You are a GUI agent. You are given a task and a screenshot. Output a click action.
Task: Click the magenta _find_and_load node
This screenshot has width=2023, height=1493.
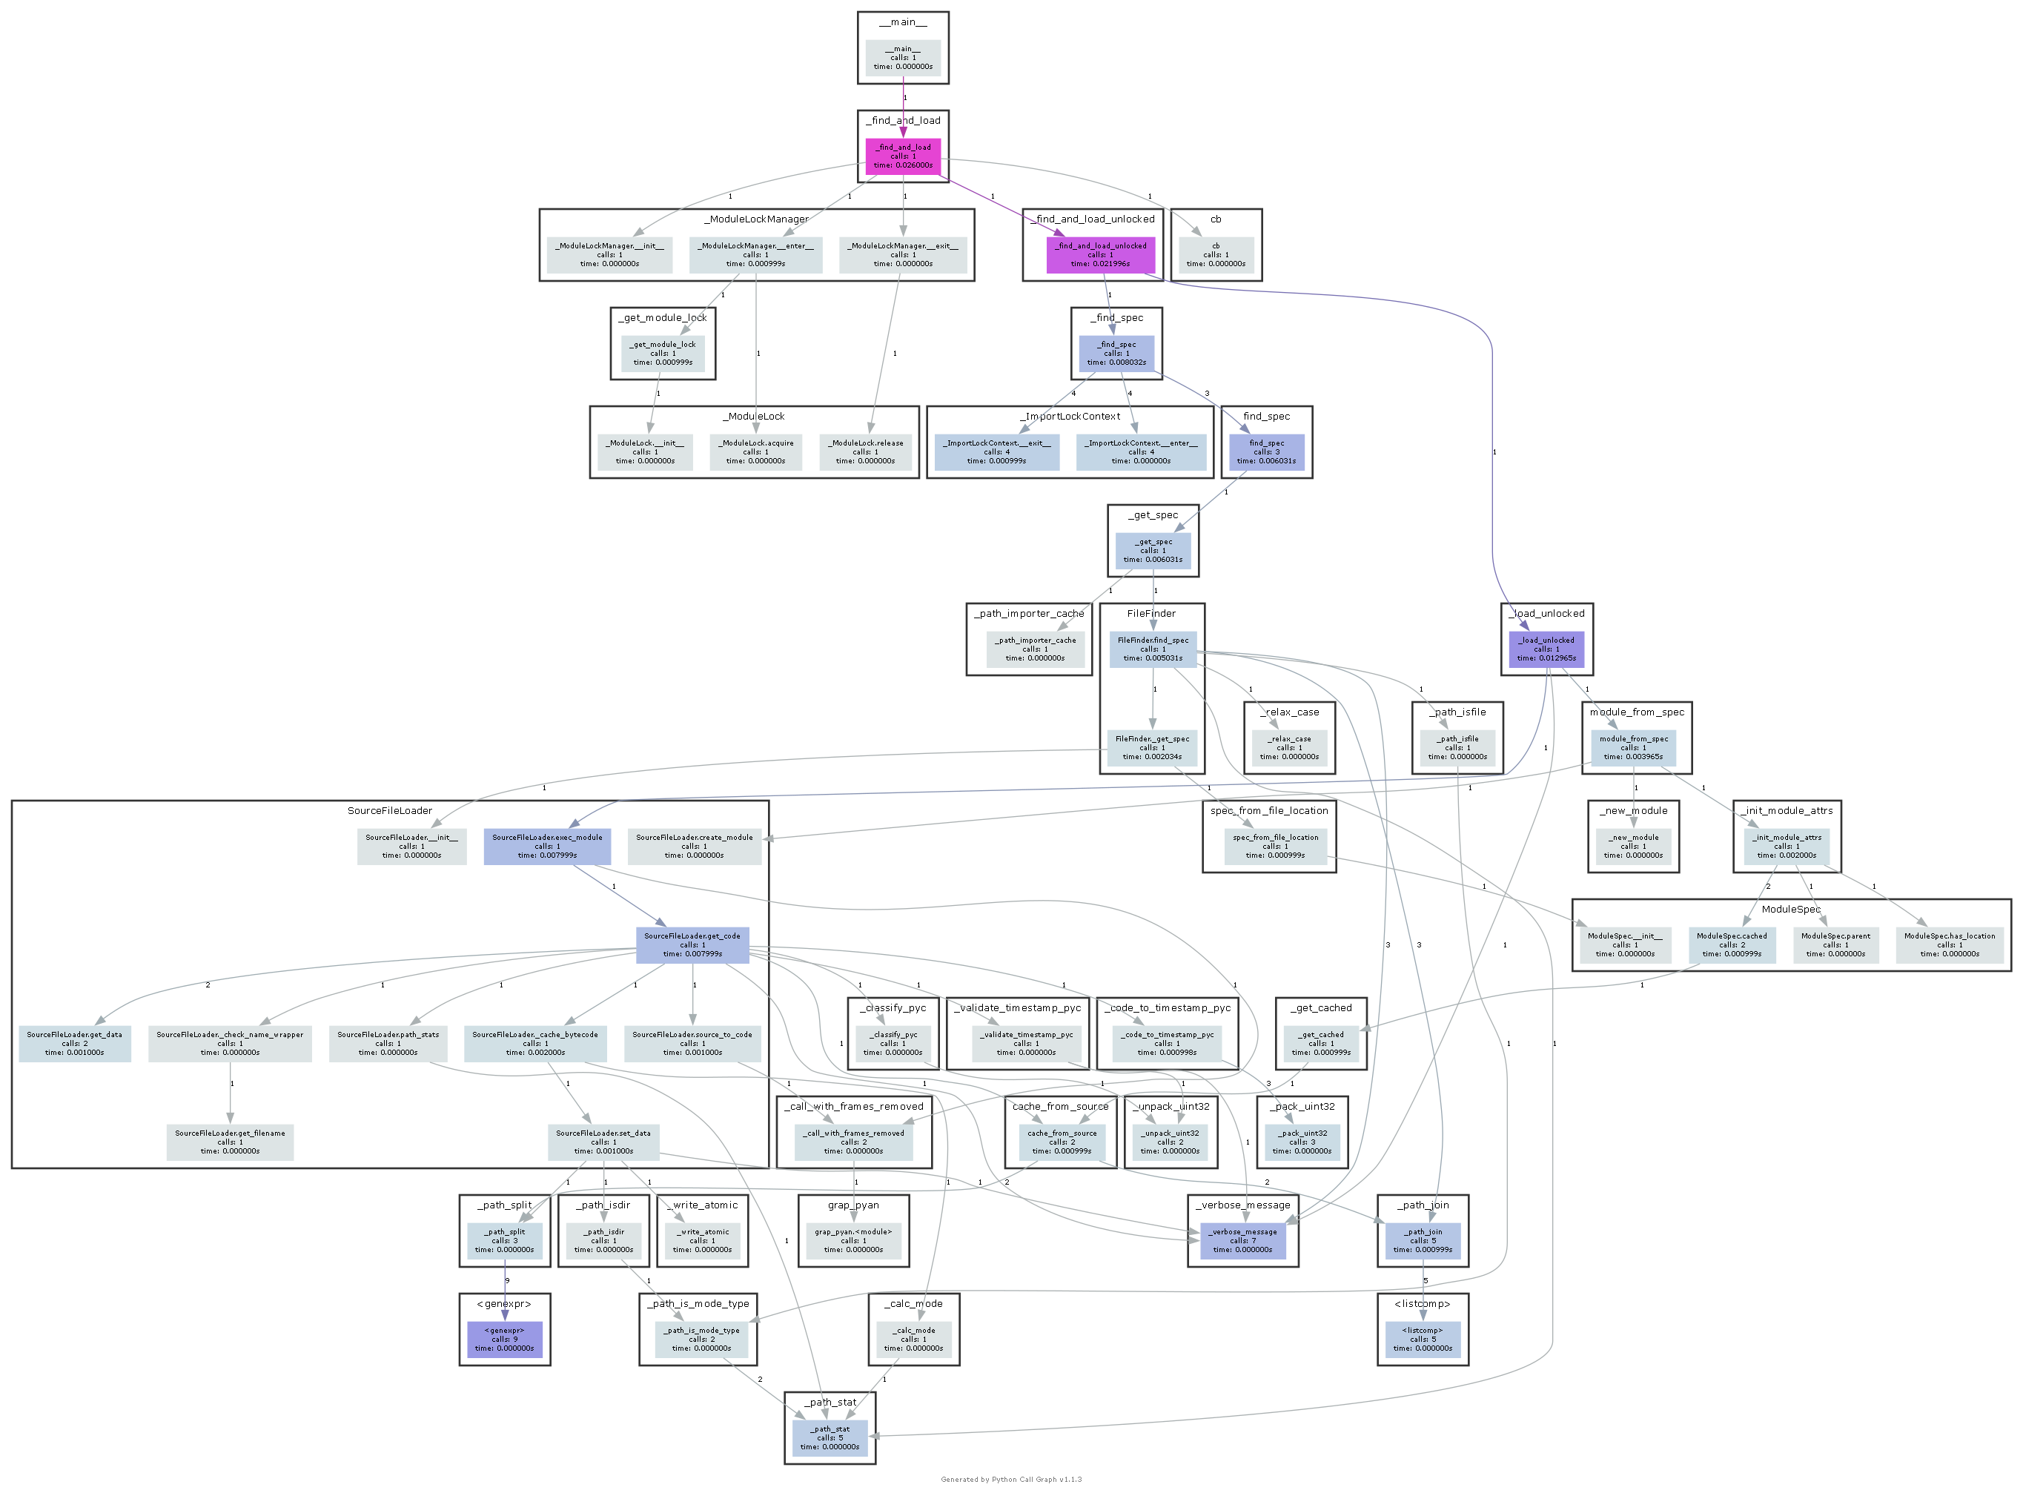coord(903,156)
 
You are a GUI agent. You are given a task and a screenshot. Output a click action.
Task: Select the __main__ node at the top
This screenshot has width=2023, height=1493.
coord(903,58)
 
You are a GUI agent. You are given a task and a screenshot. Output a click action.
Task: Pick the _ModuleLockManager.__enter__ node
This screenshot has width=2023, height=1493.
coord(755,255)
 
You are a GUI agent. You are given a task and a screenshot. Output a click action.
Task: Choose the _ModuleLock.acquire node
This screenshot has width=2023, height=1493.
coord(755,452)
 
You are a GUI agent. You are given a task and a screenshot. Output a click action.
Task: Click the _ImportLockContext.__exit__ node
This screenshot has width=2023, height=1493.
coord(996,452)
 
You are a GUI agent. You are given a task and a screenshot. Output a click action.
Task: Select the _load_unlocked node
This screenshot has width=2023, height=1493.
coord(1545,649)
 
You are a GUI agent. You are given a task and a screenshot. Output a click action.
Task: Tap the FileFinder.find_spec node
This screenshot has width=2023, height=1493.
coord(1152,649)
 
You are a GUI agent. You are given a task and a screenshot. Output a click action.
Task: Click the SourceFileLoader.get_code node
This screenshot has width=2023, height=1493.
coord(692,944)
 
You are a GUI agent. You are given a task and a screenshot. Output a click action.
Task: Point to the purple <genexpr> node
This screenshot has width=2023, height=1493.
coord(504,1339)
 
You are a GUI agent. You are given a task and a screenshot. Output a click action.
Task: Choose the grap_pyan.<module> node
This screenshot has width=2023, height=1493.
coord(853,1240)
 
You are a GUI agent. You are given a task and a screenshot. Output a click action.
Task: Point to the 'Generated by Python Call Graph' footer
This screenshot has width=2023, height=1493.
coord(1011,1480)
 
